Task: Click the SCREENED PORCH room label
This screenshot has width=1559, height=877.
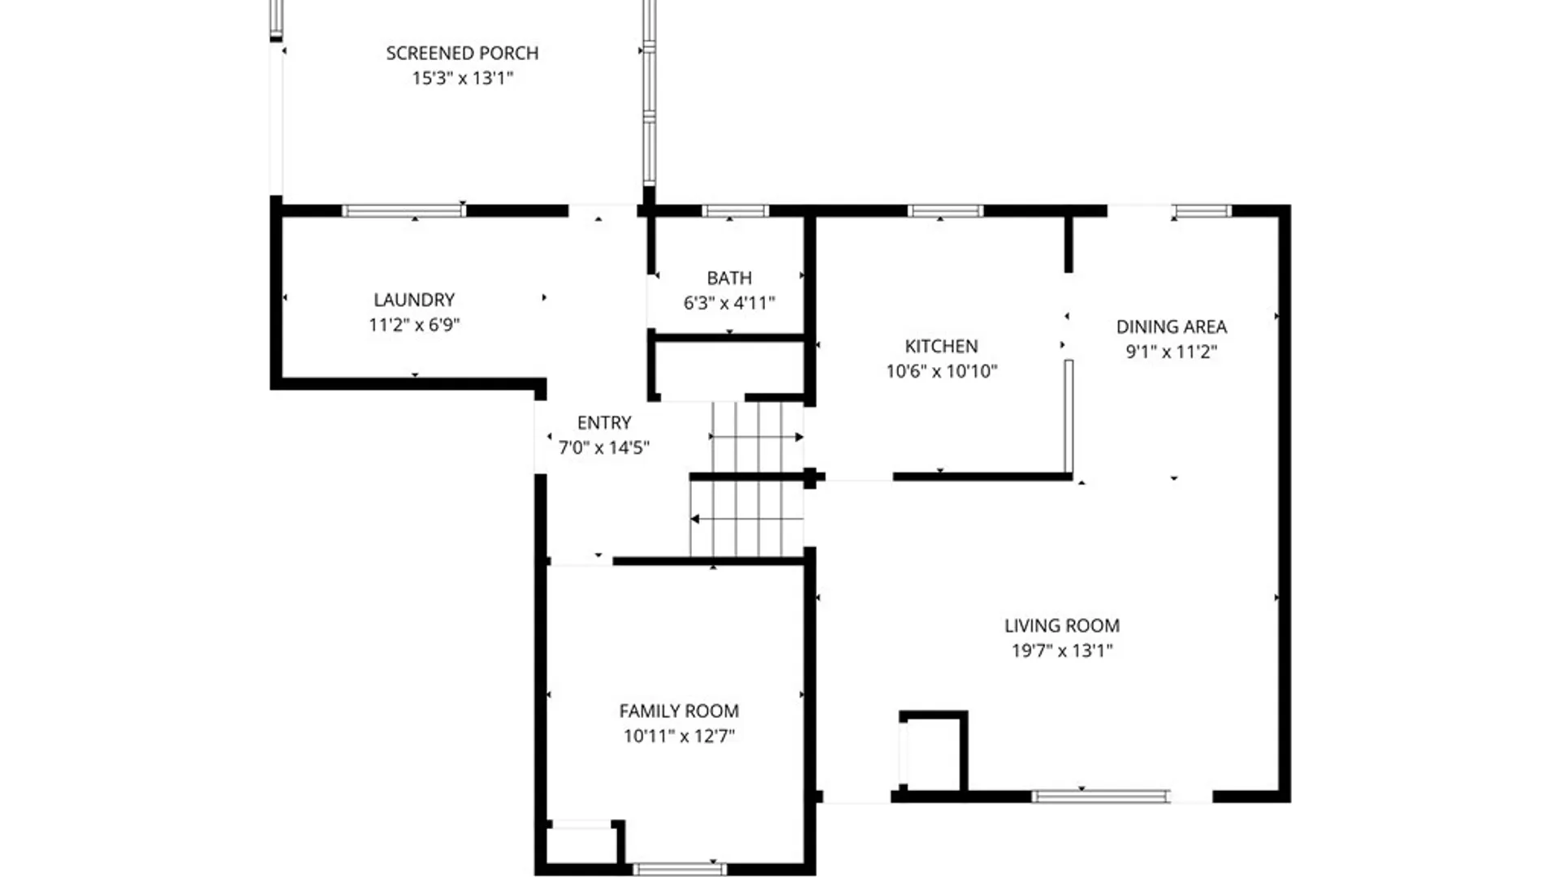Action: pyautogui.click(x=462, y=53)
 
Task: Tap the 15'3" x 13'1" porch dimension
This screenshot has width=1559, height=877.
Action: pyautogui.click(x=463, y=78)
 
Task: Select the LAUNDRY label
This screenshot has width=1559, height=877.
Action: pyautogui.click(x=414, y=300)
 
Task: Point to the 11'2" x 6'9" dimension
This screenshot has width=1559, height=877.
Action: pyautogui.click(x=414, y=325)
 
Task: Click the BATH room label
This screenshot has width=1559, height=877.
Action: pyautogui.click(x=729, y=278)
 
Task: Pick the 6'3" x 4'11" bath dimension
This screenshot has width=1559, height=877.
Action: pyautogui.click(x=729, y=303)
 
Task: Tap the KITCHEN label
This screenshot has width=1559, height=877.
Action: pyautogui.click(x=941, y=346)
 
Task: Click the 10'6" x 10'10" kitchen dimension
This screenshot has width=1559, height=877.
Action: pyautogui.click(x=941, y=371)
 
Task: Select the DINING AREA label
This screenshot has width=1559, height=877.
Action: pyautogui.click(x=1172, y=326)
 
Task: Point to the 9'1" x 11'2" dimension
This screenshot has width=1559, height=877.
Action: pyautogui.click(x=1172, y=352)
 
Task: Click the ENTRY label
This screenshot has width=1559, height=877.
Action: pyautogui.click(x=604, y=422)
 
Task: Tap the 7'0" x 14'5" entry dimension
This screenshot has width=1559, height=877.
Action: pyautogui.click(x=604, y=447)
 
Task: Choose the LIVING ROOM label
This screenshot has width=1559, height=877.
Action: pyautogui.click(x=1062, y=625)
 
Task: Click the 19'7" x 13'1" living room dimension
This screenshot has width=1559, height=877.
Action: pyautogui.click(x=1062, y=650)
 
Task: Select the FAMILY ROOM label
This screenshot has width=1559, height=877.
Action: pyautogui.click(x=679, y=711)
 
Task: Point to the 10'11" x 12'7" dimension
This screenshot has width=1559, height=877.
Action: pyautogui.click(x=679, y=736)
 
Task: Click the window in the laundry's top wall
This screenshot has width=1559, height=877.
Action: pyautogui.click(x=404, y=211)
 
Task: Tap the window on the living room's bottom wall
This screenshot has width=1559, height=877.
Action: pyautogui.click(x=1100, y=797)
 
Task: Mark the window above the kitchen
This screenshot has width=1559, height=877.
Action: pyautogui.click(x=945, y=211)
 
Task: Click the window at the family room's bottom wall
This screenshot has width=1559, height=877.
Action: pyautogui.click(x=680, y=869)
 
